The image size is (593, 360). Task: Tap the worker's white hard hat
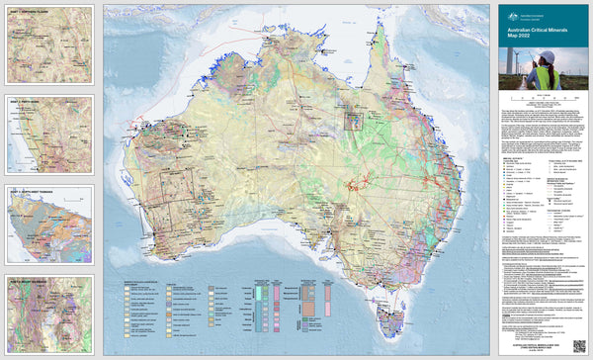point(548,56)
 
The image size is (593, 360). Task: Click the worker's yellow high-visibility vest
point(548,77)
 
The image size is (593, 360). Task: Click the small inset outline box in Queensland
point(353,121)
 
